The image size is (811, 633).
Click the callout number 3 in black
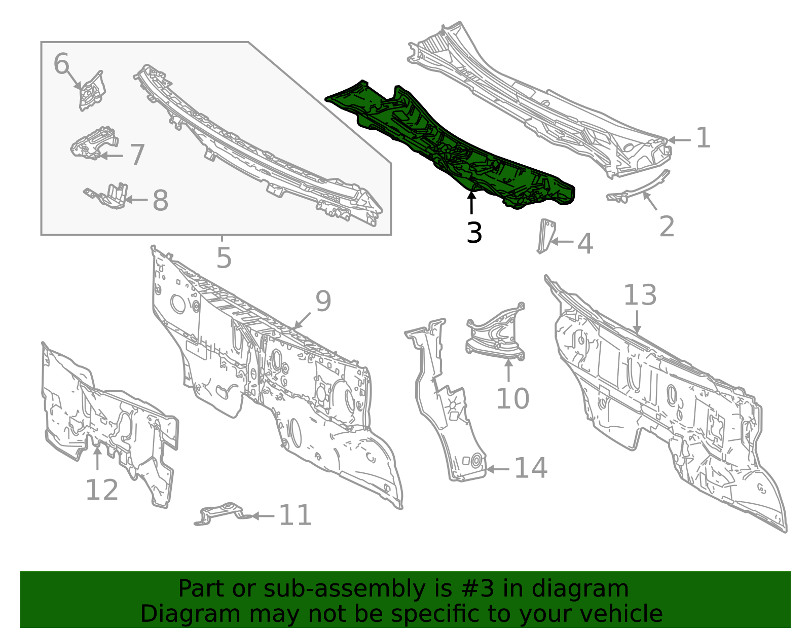pyautogui.click(x=474, y=233)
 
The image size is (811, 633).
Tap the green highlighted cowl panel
pyautogui.click(x=448, y=145)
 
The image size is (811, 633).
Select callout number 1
pyautogui.click(x=704, y=138)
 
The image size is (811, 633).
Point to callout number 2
pyautogui.click(x=667, y=226)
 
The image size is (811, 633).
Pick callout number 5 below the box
pyautogui.click(x=224, y=257)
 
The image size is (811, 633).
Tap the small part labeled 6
pyautogui.click(x=92, y=91)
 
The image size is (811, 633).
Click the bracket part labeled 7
pyautogui.click(x=94, y=143)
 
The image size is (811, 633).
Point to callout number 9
pyautogui.click(x=323, y=301)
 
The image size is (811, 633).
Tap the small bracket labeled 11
pyautogui.click(x=223, y=513)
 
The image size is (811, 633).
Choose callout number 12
pyautogui.click(x=102, y=490)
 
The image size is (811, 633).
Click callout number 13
pyautogui.click(x=640, y=294)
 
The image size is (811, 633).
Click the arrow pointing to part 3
pyautogui.click(x=472, y=202)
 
